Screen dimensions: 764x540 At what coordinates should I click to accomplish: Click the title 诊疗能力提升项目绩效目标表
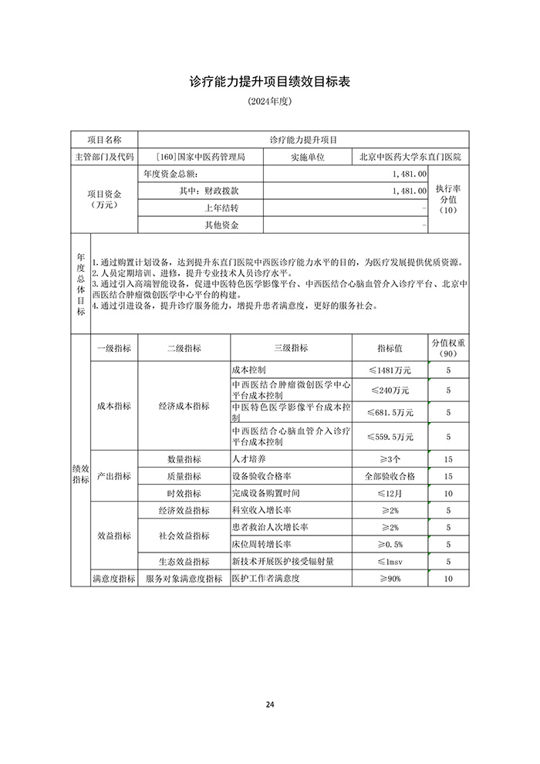click(x=269, y=82)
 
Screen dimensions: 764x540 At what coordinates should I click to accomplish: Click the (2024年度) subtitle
click(x=269, y=102)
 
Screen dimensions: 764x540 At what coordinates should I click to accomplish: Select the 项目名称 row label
click(x=104, y=140)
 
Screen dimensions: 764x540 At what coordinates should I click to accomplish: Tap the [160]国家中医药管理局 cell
click(x=200, y=157)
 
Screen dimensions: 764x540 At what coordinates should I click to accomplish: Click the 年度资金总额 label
click(x=171, y=174)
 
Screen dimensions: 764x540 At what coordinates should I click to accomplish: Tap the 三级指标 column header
click(x=291, y=348)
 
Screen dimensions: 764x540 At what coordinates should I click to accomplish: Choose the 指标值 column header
click(x=390, y=348)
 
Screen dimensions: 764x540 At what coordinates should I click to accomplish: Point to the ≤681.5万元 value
click(x=390, y=412)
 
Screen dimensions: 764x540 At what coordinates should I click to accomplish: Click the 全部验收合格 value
click(x=390, y=476)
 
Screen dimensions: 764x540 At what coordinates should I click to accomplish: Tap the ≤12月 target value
click(x=390, y=493)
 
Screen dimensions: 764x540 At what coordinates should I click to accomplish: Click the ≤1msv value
click(x=390, y=561)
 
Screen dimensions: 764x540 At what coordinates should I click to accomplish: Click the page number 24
click(x=269, y=704)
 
